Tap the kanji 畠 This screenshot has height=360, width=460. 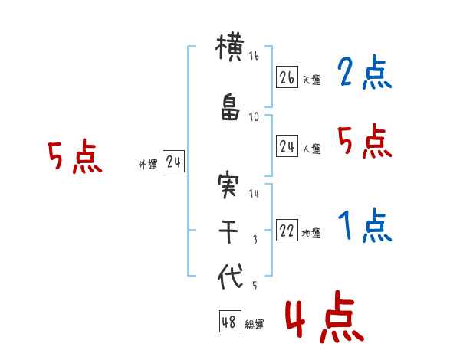coord(229,110)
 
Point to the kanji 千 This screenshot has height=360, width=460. coord(229,231)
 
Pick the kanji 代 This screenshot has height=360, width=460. coord(229,275)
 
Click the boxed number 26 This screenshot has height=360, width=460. coord(287,77)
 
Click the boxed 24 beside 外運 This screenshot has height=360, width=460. coord(173,162)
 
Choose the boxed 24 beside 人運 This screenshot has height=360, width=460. coord(287,147)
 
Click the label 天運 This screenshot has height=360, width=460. coord(311,80)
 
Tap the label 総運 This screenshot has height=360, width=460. coord(255,324)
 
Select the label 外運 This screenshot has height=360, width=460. coord(147,163)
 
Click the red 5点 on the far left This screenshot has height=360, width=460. coord(74,158)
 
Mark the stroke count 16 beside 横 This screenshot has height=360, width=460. coord(254,56)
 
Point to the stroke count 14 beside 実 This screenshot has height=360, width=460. coord(254,194)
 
